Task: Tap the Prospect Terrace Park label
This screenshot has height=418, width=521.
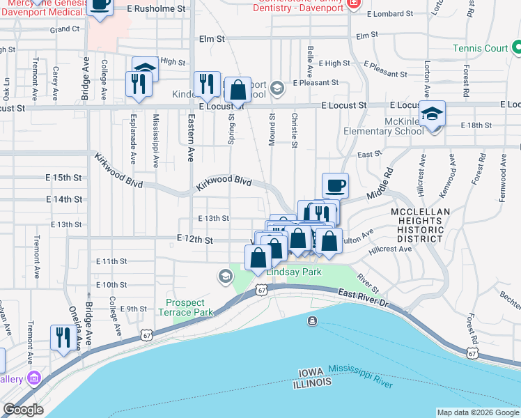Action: point(185,308)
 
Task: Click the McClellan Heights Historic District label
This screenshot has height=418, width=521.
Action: point(417,225)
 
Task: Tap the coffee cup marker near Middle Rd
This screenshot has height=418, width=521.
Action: point(335,185)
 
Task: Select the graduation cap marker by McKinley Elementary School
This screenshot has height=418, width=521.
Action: point(432,114)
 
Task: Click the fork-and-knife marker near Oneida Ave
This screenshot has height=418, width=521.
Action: point(63,337)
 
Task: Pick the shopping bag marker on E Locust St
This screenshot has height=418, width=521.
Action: point(238,90)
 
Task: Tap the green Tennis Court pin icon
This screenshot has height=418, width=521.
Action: point(516,48)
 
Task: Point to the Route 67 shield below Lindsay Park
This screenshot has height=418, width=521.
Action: point(261,289)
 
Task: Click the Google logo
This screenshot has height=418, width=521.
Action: point(22,410)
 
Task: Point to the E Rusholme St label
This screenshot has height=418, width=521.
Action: point(158,8)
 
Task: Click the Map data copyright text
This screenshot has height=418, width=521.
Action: point(478,412)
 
